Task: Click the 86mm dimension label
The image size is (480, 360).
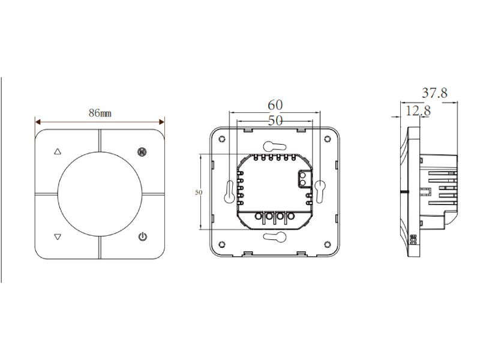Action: [x=100, y=113]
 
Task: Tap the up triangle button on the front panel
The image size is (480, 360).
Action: [x=58, y=152]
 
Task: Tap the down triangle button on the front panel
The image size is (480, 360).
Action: [x=58, y=236]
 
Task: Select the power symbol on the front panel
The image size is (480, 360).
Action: [x=143, y=236]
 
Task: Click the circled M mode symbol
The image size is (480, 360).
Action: [x=142, y=152]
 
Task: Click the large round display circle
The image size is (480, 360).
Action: [x=100, y=194]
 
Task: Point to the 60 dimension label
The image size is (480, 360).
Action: [x=275, y=105]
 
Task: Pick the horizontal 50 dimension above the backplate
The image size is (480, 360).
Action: [x=275, y=121]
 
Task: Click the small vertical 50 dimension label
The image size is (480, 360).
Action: [x=199, y=193]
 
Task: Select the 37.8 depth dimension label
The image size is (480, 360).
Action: [x=434, y=93]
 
